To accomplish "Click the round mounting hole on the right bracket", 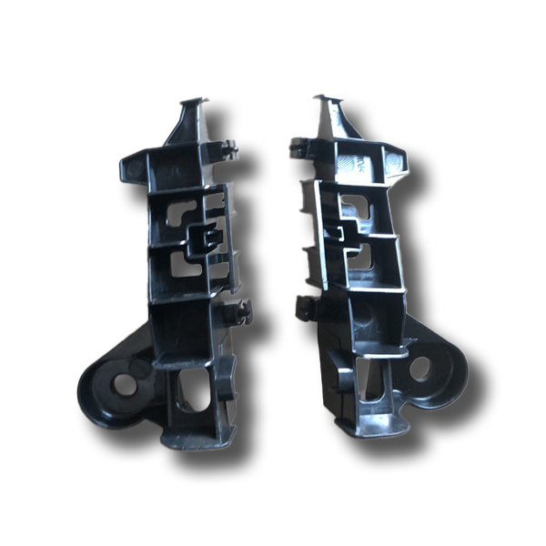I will coord(420,369).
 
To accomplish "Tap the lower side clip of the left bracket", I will coord(240,311).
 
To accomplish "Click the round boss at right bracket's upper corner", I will coord(392,161).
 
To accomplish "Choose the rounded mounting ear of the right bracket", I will coord(426,368).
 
